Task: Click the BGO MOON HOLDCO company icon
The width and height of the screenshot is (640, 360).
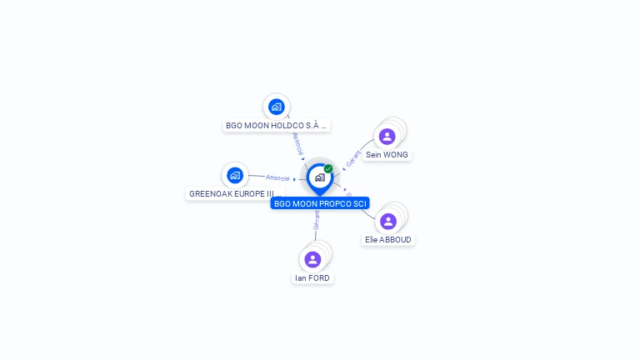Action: (x=277, y=107)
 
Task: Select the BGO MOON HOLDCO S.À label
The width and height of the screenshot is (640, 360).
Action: (x=277, y=126)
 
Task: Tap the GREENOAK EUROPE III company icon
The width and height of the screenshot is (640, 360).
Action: (x=235, y=175)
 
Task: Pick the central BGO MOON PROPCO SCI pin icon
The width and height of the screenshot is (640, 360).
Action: (x=319, y=177)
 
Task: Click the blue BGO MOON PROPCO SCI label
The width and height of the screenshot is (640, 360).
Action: (x=320, y=203)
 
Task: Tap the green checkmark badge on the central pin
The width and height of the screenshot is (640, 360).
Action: (x=328, y=168)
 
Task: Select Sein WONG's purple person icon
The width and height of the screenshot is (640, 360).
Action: (x=387, y=137)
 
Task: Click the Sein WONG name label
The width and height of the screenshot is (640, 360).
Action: (x=387, y=155)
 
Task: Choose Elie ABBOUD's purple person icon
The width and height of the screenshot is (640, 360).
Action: (x=388, y=222)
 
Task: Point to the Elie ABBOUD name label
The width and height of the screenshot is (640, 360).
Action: (x=388, y=240)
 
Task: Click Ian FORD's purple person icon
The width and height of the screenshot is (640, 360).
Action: (x=312, y=259)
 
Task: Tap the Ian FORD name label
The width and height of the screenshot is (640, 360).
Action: (x=312, y=278)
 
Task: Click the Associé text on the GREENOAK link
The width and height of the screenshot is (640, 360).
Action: (x=277, y=177)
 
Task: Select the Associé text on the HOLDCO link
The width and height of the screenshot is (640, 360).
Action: (x=297, y=143)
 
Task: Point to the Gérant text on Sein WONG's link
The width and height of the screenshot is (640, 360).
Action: (x=354, y=157)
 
